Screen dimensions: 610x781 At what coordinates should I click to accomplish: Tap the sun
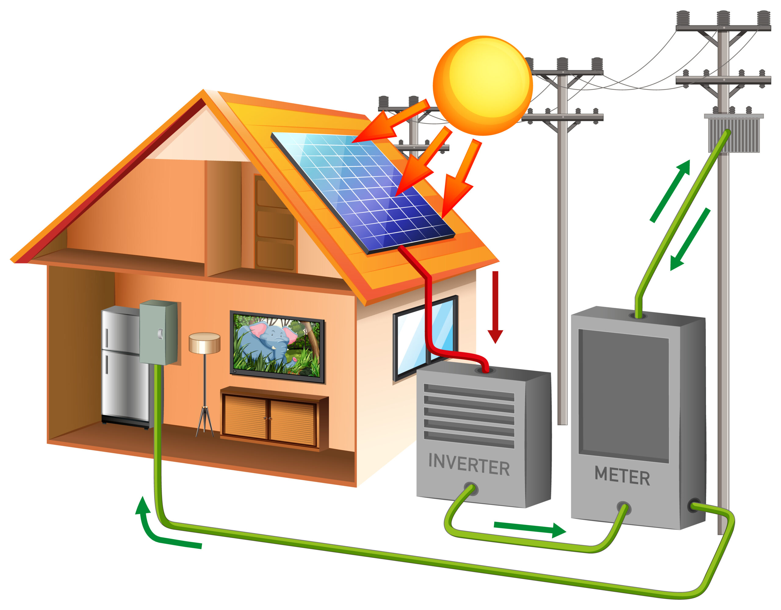coord(483,86)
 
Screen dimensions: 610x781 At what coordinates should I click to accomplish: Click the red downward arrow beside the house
coord(495,307)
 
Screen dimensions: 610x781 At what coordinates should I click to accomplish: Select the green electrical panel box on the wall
coord(158,332)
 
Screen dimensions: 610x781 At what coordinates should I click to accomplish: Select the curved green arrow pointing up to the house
coord(154,529)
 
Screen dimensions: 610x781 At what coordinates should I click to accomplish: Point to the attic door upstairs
coord(275,223)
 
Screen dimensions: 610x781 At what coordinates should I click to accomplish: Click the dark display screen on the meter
coord(624,395)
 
